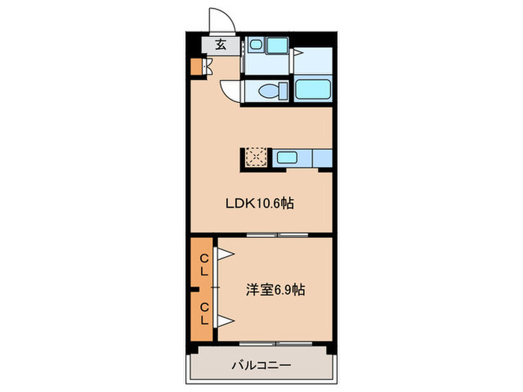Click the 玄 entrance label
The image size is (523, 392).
pos(220,44)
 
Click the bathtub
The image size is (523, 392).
pos(312,90)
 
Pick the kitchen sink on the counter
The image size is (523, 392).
pos(288,158)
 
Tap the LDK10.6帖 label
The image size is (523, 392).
pos(261,202)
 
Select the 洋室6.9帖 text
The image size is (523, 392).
pos(276,289)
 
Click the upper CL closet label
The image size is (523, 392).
pos(203,265)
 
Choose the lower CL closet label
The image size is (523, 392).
pos(203,313)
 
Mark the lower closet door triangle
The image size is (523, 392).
pos(225,321)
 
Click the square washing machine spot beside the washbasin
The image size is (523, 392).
pos(278,45)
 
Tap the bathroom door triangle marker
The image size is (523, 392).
pos(297,53)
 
